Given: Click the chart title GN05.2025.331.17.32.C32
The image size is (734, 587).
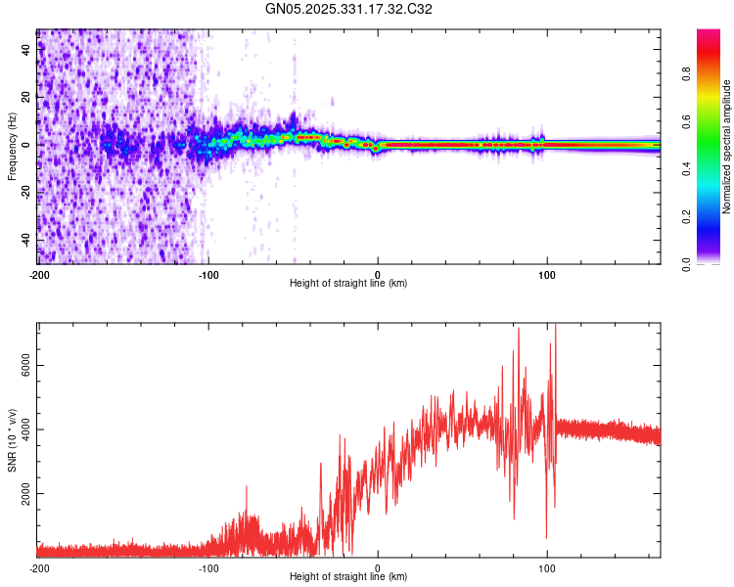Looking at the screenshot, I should [349, 9].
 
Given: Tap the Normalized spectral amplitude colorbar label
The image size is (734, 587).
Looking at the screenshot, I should [727, 147].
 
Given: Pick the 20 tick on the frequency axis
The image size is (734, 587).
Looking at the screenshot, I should [27, 97].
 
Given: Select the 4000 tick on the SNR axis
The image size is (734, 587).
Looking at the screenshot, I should [22, 429].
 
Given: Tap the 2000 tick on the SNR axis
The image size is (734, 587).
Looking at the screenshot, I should [22, 494].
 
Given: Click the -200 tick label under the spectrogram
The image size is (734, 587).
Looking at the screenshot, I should [39, 275].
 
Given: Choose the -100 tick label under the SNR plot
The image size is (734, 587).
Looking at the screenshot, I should [208, 568].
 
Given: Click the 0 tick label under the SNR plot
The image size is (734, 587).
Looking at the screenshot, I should [378, 568].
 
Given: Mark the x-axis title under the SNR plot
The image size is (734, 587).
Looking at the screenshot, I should [348, 577].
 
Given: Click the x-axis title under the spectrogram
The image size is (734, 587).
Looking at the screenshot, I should [348, 284].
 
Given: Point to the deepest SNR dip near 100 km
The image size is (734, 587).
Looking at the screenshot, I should [546, 537].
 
